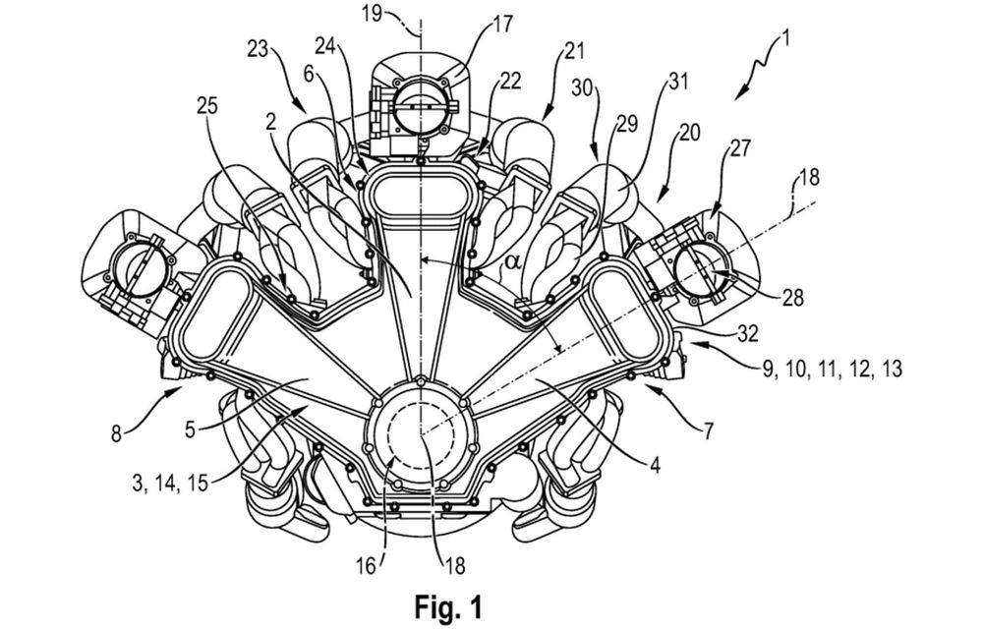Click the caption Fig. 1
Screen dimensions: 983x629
coord(448,606)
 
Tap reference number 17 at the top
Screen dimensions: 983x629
coord(502,25)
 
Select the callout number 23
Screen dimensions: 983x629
coord(258,49)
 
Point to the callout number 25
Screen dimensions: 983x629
coord(206,106)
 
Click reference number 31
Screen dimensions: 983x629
coord(677,82)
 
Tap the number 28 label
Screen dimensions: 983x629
coord(792,297)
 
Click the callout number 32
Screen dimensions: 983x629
coord(747,334)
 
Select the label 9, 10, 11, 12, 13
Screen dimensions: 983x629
coord(834,369)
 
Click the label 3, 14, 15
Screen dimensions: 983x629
coord(170,484)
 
